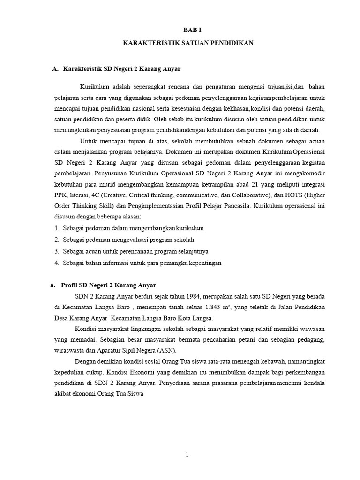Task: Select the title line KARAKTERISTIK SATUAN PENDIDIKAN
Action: [x=187, y=43]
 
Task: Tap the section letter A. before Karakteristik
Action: [x=55, y=69]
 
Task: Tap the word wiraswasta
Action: [x=69, y=350]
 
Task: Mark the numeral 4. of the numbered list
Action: [x=56, y=263]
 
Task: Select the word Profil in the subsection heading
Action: [x=70, y=285]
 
